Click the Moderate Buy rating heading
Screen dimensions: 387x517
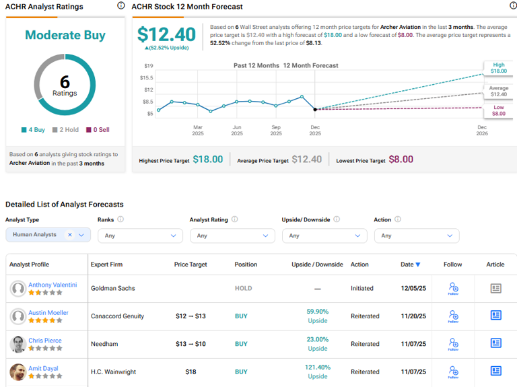coord(65,35)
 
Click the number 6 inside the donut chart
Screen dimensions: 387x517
coord(65,82)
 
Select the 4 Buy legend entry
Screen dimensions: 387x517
coord(34,130)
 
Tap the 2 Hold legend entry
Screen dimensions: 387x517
coord(69,130)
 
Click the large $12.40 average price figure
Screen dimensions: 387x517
coord(166,34)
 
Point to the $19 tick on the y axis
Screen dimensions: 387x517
coord(149,66)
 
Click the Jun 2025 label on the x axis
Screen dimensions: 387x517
coord(237,130)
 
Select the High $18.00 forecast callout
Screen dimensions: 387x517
coord(498,68)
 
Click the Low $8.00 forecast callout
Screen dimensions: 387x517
coord(498,110)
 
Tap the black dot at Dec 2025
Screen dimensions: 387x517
coord(315,109)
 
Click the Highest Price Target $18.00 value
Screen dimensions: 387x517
coord(207,160)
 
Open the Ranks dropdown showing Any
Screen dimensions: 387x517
coord(140,236)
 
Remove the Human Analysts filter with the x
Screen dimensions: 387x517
coord(70,235)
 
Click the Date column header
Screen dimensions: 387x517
coord(410,265)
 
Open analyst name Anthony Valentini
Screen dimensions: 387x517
coord(53,285)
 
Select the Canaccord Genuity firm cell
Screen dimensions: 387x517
coord(118,316)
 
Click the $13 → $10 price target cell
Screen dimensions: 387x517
coord(191,344)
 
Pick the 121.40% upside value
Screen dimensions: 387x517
coord(317,367)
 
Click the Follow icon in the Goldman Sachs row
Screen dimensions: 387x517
coord(453,288)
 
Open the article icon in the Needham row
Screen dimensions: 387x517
coord(495,343)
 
